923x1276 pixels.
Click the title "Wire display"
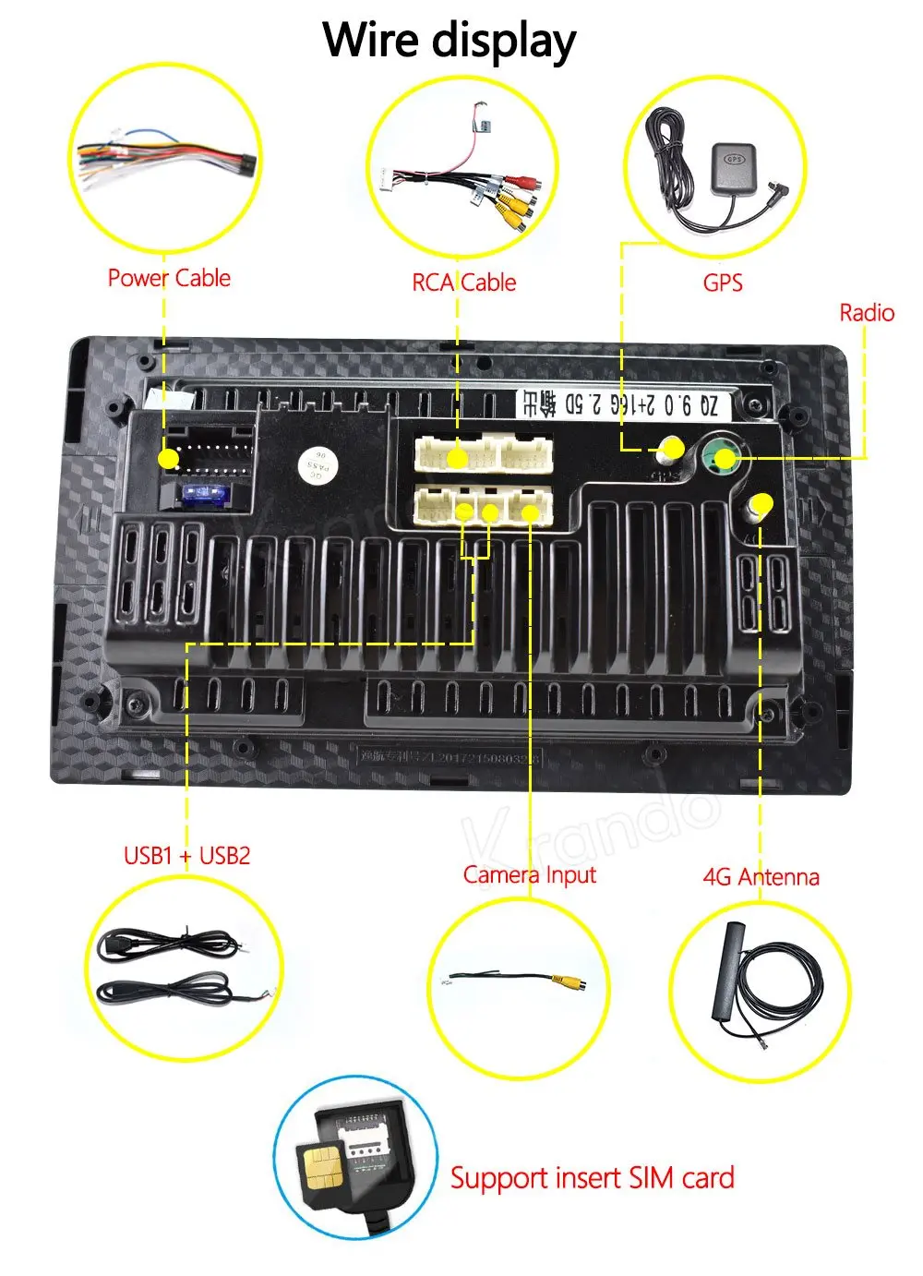(x=450, y=41)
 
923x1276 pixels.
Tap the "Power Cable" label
(x=169, y=278)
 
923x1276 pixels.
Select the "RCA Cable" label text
(x=463, y=283)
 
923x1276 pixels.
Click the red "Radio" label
(x=866, y=313)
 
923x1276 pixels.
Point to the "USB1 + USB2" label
(x=186, y=855)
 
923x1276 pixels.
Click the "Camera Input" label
(x=529, y=874)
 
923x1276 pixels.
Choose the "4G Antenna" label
(x=761, y=876)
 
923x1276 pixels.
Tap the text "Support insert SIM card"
(x=592, y=1178)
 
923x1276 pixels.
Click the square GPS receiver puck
(x=734, y=166)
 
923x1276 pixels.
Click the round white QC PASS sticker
(x=318, y=467)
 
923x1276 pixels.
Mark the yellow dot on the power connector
(x=168, y=458)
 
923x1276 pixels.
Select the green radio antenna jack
(x=725, y=458)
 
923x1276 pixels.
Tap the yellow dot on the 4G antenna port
(x=761, y=505)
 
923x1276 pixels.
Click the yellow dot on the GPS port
(x=673, y=450)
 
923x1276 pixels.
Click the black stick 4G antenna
(x=728, y=970)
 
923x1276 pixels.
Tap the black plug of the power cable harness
(x=245, y=166)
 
